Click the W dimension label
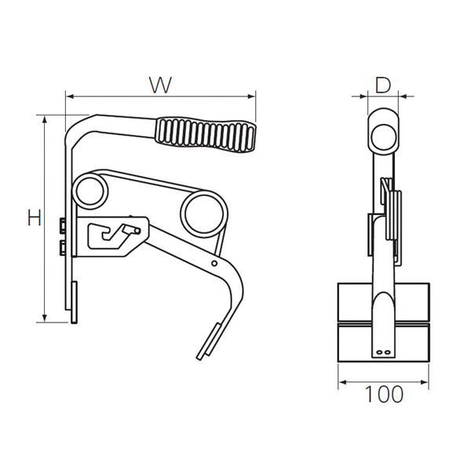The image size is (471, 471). pos(161,85)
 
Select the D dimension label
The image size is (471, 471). pos(382,85)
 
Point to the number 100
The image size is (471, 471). pos(384,394)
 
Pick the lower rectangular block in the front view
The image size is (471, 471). pos(384,342)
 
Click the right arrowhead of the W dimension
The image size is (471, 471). pos(253,97)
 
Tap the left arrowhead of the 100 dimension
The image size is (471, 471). pos(342,382)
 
